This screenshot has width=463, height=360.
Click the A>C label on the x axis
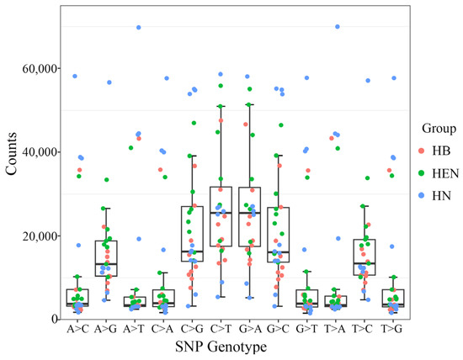77,330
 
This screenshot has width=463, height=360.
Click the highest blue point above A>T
138,27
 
